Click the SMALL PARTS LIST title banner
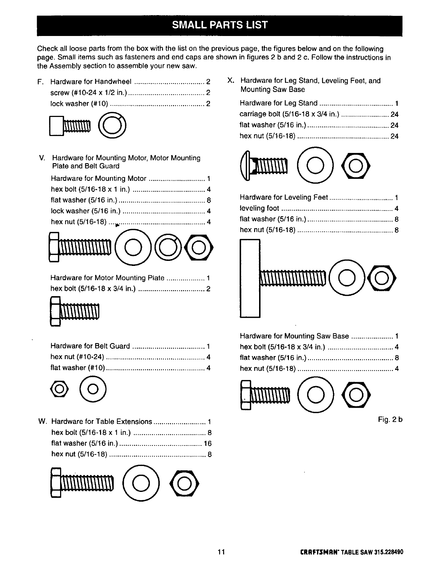(219, 25)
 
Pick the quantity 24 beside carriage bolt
(394, 115)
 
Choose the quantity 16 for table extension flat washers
(208, 443)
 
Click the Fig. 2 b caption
(390, 420)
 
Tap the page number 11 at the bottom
(221, 552)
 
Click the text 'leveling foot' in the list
(259, 208)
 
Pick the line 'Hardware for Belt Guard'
(90, 346)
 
